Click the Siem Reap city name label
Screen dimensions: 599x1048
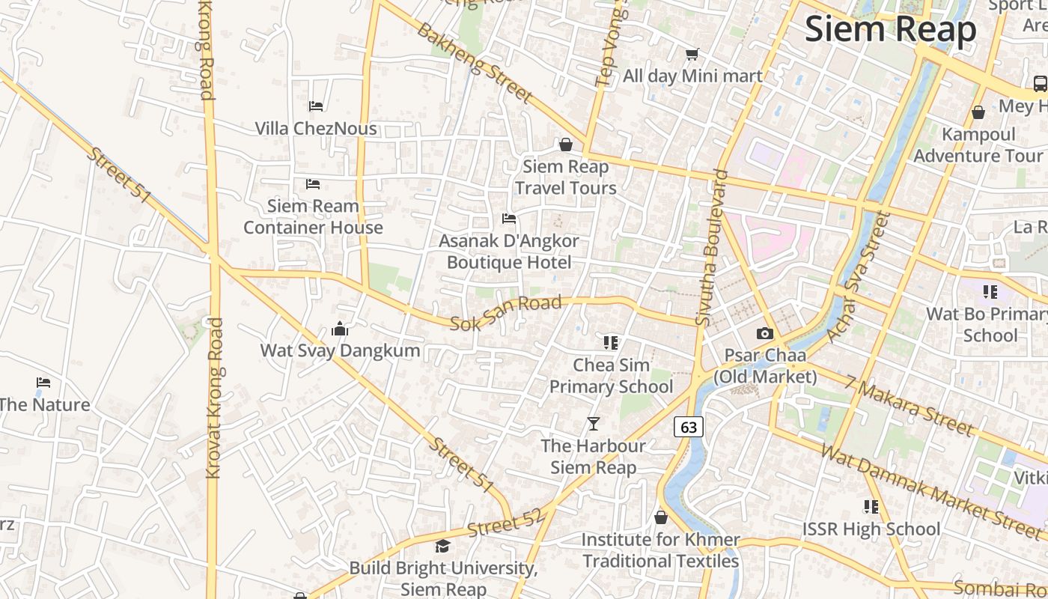tap(890, 30)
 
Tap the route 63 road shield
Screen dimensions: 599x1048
tap(689, 428)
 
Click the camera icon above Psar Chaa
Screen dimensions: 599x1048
tap(764, 334)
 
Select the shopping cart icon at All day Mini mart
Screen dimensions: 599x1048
tap(692, 54)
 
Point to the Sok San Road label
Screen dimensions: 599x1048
tap(505, 313)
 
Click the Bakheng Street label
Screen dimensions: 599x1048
tap(475, 63)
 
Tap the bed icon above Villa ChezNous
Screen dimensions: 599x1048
tap(316, 106)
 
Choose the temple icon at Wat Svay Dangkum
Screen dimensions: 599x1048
tap(340, 329)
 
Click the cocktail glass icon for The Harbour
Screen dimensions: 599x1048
tap(594, 424)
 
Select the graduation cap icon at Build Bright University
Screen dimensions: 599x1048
tap(443, 546)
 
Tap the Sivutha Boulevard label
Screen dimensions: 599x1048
tap(712, 247)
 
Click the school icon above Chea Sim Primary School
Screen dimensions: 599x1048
tap(611, 343)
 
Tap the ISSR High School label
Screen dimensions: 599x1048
tap(871, 529)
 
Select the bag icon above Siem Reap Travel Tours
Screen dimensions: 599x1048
tap(566, 144)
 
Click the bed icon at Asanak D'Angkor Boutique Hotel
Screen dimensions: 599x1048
tap(509, 219)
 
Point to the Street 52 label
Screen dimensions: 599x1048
tap(503, 523)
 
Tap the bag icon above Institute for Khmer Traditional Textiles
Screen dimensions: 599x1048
tap(661, 517)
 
